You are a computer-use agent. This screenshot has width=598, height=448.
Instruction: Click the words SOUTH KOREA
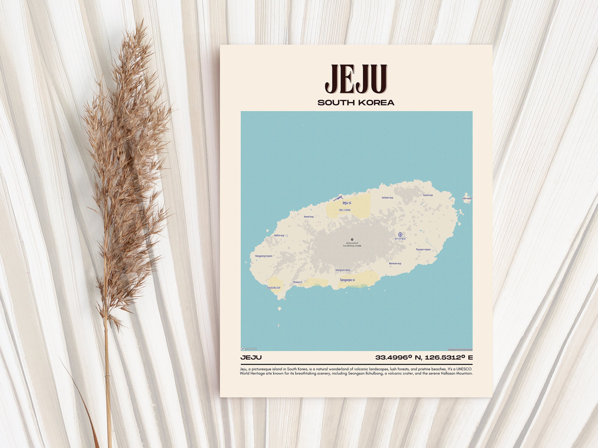356,103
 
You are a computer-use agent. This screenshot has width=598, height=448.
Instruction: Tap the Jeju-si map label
347,202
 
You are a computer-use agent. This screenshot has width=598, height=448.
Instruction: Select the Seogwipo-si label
347,280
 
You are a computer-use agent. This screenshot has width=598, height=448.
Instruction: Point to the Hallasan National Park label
352,244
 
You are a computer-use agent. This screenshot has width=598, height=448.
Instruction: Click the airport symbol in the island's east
400,234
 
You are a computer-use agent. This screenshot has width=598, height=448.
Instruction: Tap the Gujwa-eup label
428,195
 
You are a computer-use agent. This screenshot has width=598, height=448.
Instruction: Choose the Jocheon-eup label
387,197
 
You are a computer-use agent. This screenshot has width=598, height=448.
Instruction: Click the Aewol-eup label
309,217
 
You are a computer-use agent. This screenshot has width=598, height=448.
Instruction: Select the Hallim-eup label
279,235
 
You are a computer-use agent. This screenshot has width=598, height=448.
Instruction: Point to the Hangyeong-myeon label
264,256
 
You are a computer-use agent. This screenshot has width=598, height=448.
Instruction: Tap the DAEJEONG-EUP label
273,288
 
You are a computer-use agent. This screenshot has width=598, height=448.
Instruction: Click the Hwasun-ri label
297,282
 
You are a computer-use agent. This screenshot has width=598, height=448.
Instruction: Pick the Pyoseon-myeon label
423,250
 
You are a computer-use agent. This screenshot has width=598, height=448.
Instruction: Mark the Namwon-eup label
395,263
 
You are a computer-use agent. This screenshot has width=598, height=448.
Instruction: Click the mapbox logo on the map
249,349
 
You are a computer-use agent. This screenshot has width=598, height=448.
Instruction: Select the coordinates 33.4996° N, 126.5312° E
424,358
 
